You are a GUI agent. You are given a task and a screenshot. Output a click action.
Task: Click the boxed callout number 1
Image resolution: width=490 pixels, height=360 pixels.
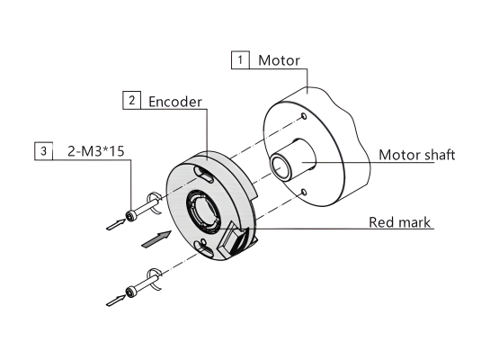[240, 59]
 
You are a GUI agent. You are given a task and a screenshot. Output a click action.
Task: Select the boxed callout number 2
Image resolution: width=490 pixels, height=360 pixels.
[131, 100]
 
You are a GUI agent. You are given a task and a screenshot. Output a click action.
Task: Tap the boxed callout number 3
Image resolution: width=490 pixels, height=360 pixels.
[43, 151]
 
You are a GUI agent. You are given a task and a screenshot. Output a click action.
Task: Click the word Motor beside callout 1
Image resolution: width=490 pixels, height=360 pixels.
[279, 60]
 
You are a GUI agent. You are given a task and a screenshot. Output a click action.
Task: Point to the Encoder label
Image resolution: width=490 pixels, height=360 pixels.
[175, 102]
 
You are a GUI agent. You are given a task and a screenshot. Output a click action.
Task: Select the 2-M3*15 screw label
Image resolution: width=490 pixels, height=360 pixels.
[96, 151]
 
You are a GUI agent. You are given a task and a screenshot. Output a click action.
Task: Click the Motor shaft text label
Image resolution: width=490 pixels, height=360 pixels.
[417, 155]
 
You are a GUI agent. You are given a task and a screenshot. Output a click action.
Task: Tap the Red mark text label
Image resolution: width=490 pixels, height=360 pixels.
[400, 222]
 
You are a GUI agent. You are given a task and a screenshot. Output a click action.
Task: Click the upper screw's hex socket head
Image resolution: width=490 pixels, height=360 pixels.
[130, 216]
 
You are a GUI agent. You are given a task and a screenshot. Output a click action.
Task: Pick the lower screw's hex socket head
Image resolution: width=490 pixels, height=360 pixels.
[130, 292]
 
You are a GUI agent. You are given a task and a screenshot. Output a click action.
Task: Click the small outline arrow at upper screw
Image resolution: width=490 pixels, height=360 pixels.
[116, 224]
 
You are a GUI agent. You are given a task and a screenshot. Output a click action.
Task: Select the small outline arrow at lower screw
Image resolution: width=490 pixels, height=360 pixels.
[116, 301]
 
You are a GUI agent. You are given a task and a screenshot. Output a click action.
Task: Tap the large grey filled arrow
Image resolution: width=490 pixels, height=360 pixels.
[156, 239]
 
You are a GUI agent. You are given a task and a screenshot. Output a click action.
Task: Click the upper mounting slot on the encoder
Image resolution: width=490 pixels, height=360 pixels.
[204, 174]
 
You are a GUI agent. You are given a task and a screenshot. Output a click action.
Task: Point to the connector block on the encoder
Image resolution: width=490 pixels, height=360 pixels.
[234, 239]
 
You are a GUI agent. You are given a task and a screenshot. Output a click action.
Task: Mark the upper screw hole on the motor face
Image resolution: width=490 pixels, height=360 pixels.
[304, 116]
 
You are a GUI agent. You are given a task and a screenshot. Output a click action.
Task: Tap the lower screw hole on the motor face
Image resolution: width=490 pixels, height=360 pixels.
[304, 192]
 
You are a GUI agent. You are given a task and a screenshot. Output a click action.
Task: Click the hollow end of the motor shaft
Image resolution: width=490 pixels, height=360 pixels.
[281, 167]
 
